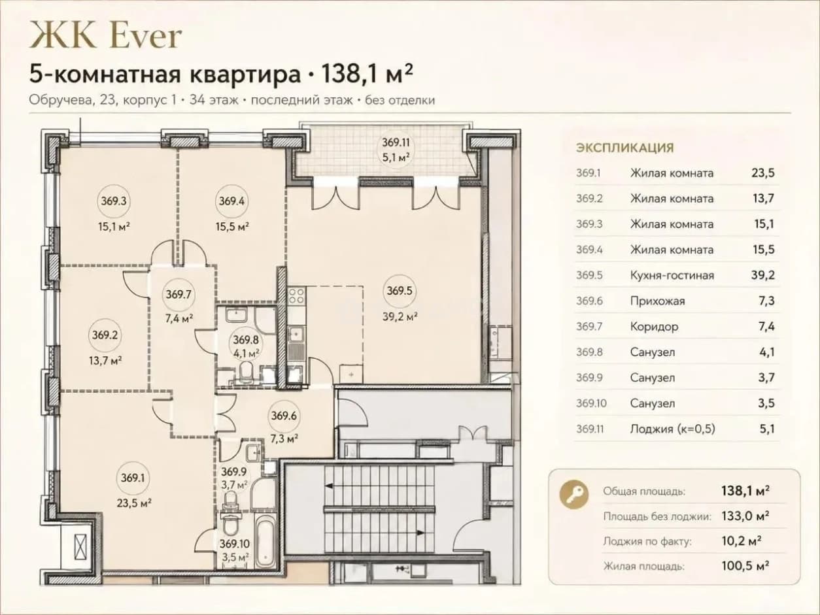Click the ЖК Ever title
[106, 35]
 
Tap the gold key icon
[574, 494]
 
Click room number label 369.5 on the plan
[400, 291]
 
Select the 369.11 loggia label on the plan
[396, 142]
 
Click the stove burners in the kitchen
[296, 296]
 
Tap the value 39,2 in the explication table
[763, 275]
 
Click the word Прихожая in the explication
[657, 301]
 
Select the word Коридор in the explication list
[654, 327]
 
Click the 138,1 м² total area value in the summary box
[745, 490]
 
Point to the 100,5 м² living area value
[745, 566]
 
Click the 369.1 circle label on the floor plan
[133, 478]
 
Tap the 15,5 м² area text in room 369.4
[232, 227]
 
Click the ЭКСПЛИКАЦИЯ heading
[625, 148]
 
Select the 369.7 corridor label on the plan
[179, 294]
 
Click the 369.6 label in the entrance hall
[284, 416]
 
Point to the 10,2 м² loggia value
[742, 540]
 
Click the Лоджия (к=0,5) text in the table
[672, 429]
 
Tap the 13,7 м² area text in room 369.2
[105, 361]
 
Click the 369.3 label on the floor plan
[114, 201]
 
